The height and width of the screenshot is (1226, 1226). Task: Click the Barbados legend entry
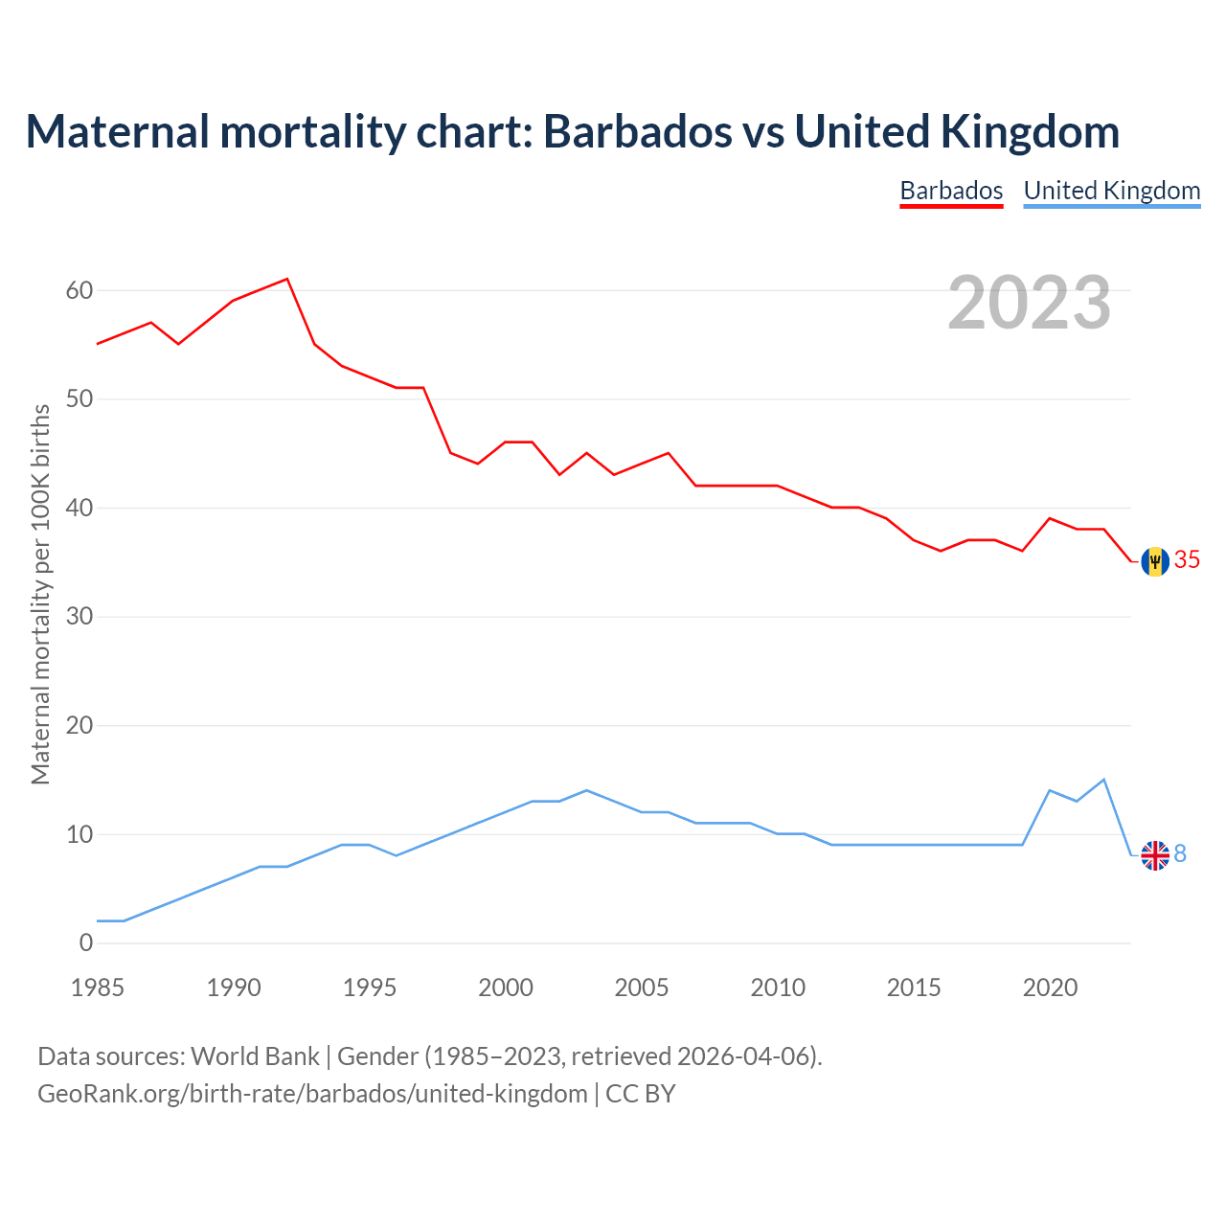[951, 191]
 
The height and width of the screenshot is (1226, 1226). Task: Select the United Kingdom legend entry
[1111, 191]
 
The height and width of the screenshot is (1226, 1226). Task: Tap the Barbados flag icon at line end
[1155, 560]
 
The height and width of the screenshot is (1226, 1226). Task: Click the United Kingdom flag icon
[1155, 854]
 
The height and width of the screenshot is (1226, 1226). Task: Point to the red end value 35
[1187, 560]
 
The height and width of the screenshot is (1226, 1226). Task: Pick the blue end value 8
[1180, 853]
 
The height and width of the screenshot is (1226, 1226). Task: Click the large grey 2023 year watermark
[1030, 303]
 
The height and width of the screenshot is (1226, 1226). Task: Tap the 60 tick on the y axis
[79, 290]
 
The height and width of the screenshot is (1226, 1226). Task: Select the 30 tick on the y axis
[79, 617]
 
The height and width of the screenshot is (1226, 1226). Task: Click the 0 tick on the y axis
[86, 943]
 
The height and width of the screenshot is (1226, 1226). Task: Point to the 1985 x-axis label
[98, 988]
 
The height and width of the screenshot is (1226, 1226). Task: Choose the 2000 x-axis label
[506, 988]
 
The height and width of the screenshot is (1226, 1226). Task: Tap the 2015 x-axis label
[914, 988]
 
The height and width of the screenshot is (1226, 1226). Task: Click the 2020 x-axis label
[1050, 988]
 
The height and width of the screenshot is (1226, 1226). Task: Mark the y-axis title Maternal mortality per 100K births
[40, 594]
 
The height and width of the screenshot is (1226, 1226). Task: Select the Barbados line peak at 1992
[287, 279]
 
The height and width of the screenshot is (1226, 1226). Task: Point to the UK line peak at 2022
[1104, 780]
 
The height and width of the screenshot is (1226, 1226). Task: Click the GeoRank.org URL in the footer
[312, 1094]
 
